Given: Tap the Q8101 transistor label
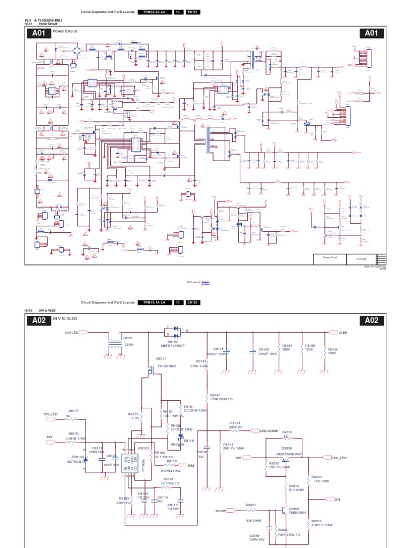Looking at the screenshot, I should [161, 359].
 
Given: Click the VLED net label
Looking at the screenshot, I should [343, 332].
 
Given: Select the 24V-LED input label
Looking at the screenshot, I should [72, 332].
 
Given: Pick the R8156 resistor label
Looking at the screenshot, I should [332, 346].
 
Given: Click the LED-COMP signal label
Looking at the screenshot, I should [269, 430].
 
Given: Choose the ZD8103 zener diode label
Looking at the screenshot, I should [78, 456].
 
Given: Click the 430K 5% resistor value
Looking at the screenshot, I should [237, 427].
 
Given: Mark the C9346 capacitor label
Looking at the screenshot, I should [255, 535].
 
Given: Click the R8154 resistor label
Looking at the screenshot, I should [287, 346].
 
